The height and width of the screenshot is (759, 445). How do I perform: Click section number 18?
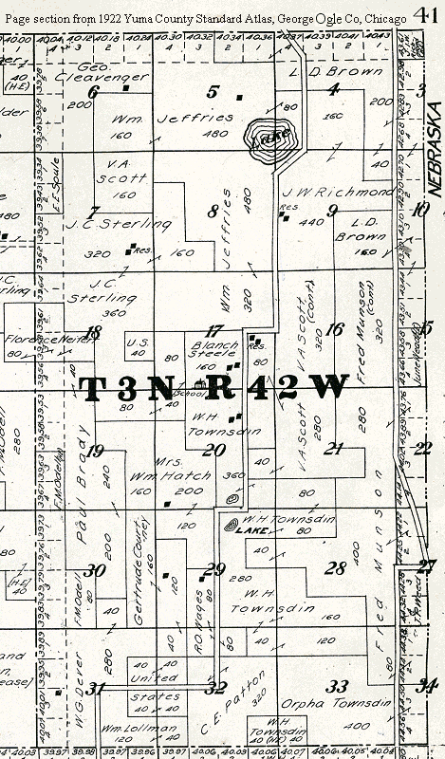(x=92, y=332)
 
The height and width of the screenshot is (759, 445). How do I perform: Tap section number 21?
(x=333, y=449)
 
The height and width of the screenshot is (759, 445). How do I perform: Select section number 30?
(x=93, y=570)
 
